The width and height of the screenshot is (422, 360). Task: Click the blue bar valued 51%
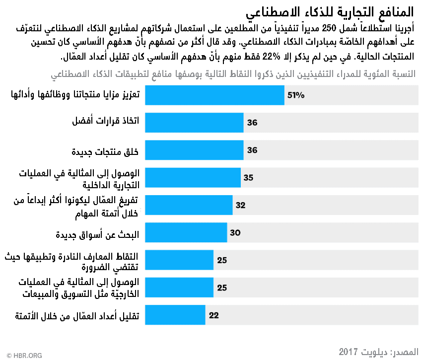tap(214, 95)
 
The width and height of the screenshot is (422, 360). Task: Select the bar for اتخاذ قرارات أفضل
tap(194, 122)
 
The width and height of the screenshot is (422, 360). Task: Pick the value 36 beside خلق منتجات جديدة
tap(252, 150)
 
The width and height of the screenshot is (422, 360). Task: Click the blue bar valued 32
tap(189, 205)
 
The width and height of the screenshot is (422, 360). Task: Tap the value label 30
tap(235, 232)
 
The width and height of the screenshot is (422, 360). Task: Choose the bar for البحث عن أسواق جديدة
tap(186, 232)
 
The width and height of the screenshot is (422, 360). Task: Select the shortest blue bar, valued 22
tap(175, 315)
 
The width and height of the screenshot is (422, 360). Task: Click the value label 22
tap(214, 315)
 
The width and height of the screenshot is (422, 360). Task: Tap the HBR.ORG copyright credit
tap(22, 355)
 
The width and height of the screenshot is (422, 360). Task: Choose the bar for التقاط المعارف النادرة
tap(179, 260)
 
